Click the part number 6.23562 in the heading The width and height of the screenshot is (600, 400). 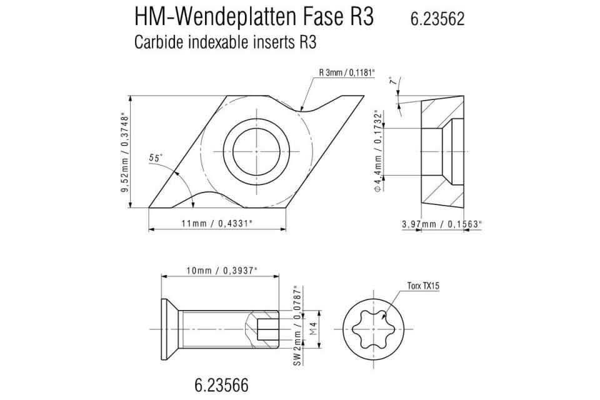(437, 19)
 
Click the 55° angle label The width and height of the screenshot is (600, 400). (156, 159)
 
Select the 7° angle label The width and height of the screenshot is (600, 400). (392, 82)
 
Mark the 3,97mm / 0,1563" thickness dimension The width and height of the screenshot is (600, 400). (442, 223)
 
